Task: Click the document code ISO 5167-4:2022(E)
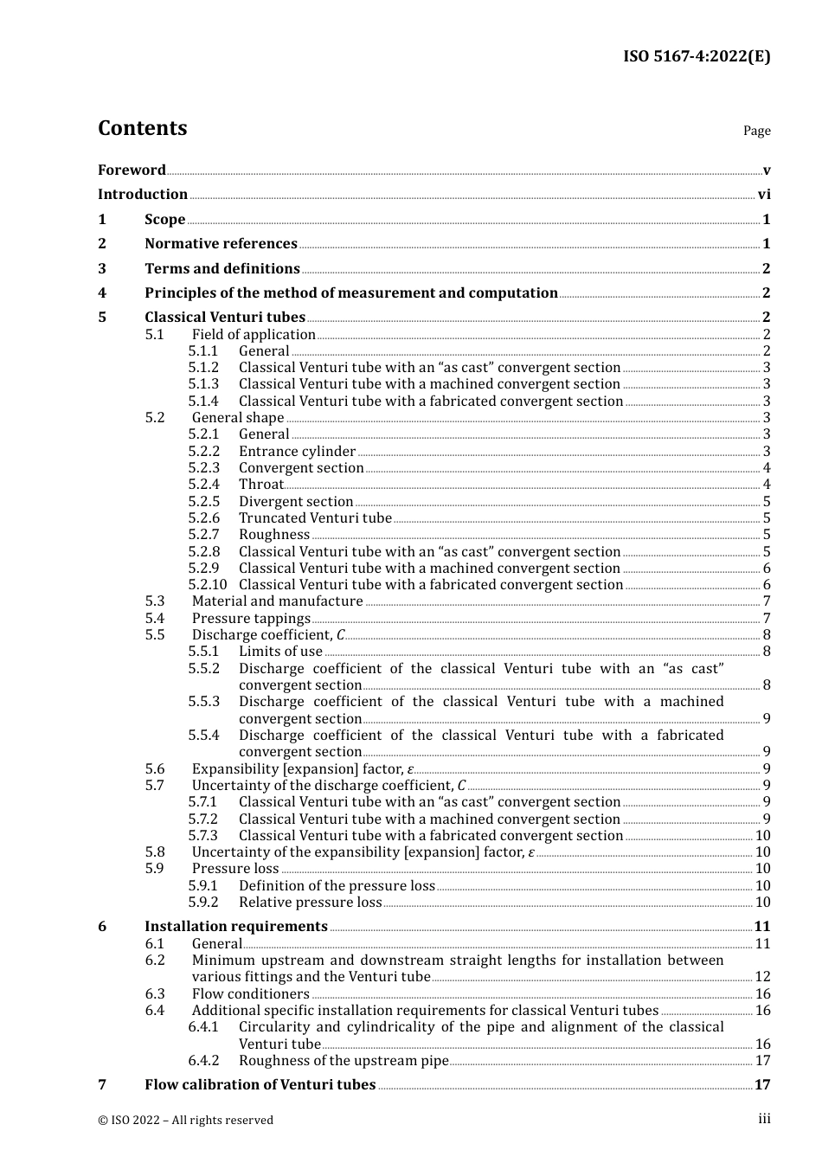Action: pos(697,57)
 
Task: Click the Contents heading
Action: pos(142,128)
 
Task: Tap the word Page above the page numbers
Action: pos(756,131)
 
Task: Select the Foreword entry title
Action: pos(132,170)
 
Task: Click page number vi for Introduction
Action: pos(764,195)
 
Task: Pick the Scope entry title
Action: pos(164,220)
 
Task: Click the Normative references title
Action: pos(221,244)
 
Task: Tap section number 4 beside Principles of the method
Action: pos(102,293)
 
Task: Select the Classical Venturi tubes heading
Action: pos(225,318)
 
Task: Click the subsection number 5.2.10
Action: pos(207,585)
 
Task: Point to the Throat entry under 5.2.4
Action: pos(260,485)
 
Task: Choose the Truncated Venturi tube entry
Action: pos(315,518)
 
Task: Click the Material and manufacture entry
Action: pos(277,601)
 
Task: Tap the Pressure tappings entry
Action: pos(251,619)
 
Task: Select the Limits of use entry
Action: pos(280,652)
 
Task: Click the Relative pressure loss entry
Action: pos(310,903)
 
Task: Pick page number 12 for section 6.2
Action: pos(762,977)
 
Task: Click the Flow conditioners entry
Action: pos(250,994)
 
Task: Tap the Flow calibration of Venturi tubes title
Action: pos(260,1085)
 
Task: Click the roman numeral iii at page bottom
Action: pos(764,1119)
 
